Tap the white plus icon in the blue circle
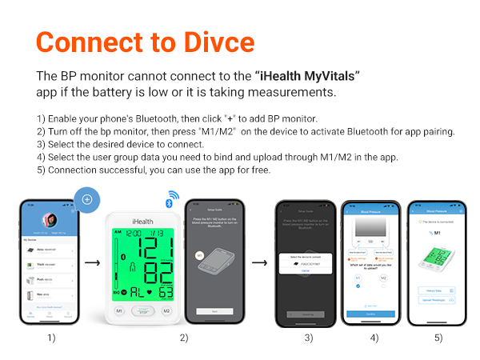click(x=87, y=199)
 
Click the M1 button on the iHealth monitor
click(x=119, y=310)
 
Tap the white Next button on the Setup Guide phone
click(x=214, y=311)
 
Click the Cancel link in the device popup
click(x=305, y=270)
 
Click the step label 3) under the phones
click(x=308, y=338)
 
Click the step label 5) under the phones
click(x=438, y=338)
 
